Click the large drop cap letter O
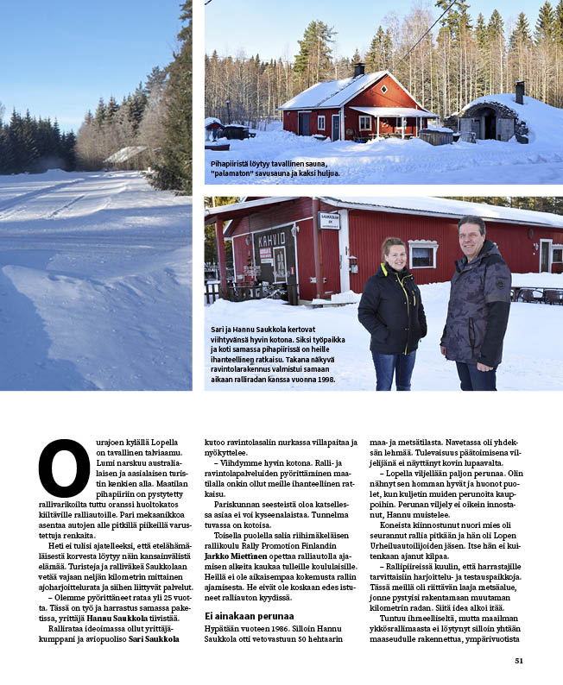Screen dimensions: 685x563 tap(64, 468)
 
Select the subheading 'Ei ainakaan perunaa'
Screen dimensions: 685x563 tap(248, 615)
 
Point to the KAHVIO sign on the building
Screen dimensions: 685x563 tap(271, 239)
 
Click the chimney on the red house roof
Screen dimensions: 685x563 tap(358, 70)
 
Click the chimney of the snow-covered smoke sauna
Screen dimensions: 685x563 tap(519, 91)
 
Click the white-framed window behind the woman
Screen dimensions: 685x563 tap(423, 255)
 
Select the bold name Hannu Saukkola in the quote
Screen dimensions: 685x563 tap(132, 618)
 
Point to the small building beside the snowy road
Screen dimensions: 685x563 tap(126, 155)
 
